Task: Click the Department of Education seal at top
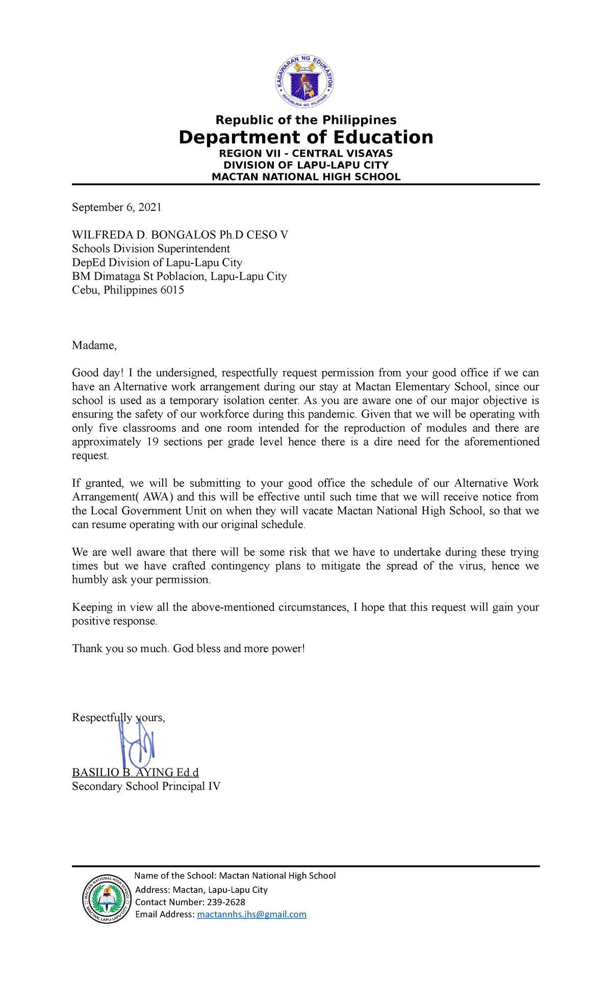pos(305,81)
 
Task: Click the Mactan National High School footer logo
pos(107,898)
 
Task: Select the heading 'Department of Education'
pos(305,138)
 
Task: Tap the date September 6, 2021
pos(117,207)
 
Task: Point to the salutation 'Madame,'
pos(94,346)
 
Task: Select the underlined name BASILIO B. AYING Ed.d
pos(135,773)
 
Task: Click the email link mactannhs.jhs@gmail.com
pos(251,914)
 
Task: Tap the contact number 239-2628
pos(225,902)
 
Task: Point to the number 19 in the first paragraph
pos(152,442)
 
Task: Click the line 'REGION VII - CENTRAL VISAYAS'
pos(305,153)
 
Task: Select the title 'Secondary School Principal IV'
pos(146,786)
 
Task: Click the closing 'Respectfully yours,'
pos(118,718)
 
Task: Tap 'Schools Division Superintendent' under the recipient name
pos(151,249)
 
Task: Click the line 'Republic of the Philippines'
pos(305,120)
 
